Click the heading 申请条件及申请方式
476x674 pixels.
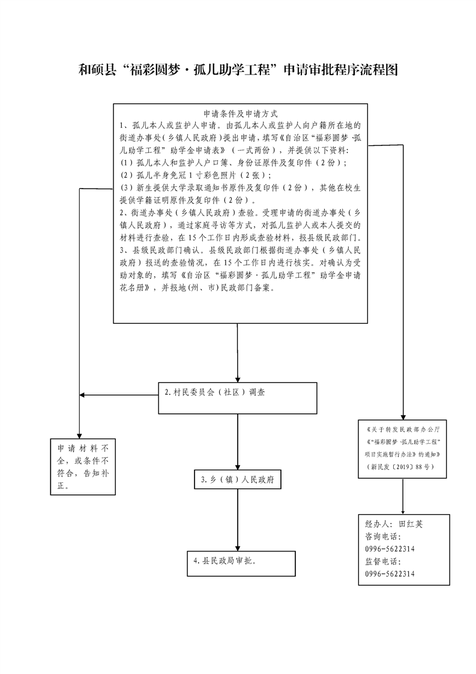click(x=241, y=114)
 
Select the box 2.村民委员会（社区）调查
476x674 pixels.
click(x=238, y=398)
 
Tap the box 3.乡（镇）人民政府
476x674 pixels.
click(x=238, y=480)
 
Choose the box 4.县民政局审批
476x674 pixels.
click(x=240, y=563)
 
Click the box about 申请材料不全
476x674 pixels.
click(x=82, y=467)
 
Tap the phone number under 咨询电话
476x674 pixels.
click(x=390, y=549)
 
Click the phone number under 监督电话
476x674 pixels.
click(x=390, y=574)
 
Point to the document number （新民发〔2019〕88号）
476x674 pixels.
click(x=403, y=466)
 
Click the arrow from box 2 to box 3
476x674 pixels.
click(x=238, y=442)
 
